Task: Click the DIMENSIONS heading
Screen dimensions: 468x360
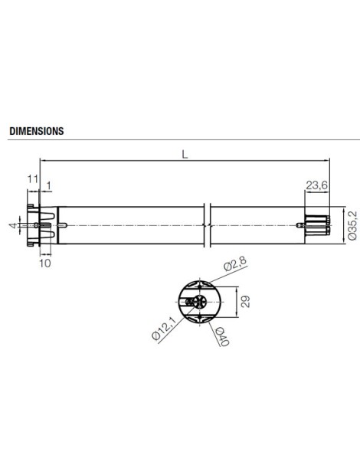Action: coord(36,131)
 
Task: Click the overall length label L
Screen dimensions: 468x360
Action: coord(185,153)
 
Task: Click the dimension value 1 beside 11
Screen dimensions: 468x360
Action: coord(49,185)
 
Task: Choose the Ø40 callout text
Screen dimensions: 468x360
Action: coord(220,333)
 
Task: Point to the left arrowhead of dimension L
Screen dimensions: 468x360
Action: coord(42,159)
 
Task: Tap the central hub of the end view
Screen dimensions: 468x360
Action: coord(201,288)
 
